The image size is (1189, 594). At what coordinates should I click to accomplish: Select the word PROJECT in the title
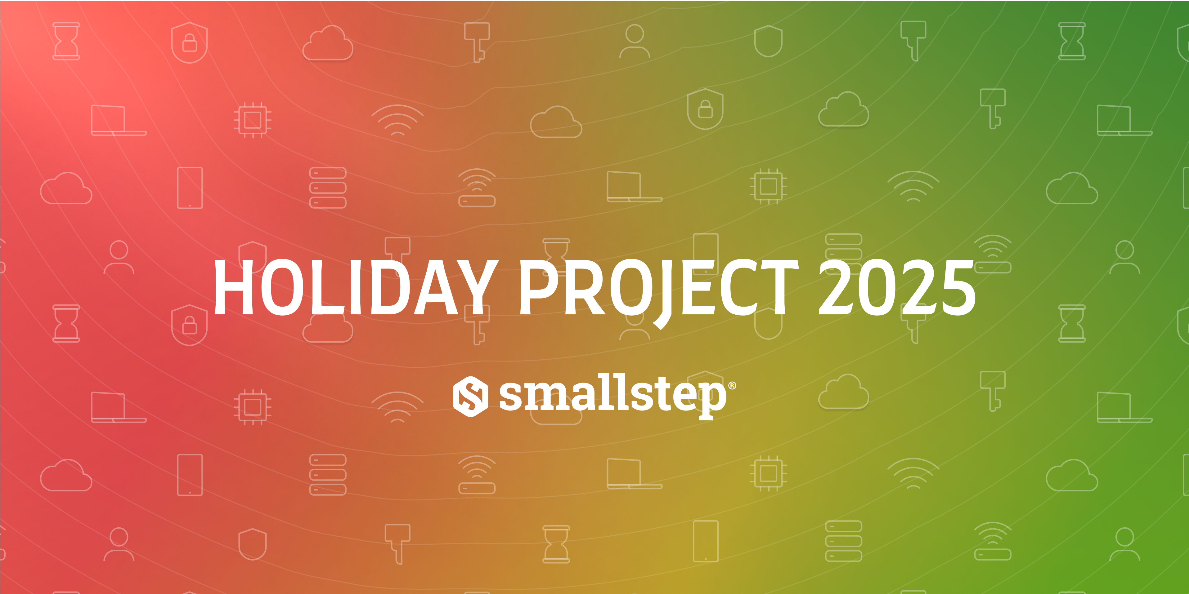659,290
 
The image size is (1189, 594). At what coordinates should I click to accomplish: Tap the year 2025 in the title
896,287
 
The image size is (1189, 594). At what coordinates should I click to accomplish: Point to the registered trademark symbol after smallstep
732,386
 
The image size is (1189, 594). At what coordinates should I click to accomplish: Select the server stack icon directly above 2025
843,247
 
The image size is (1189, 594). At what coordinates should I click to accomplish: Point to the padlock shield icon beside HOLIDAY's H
189,325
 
